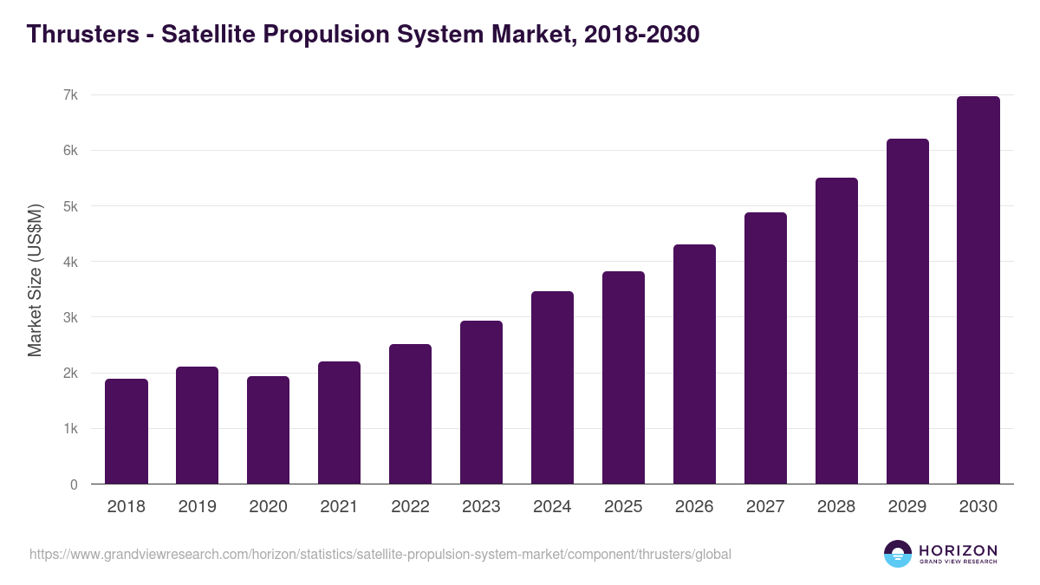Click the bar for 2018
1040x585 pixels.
click(x=127, y=432)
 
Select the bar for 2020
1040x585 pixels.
click(x=269, y=430)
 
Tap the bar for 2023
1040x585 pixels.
click(x=481, y=402)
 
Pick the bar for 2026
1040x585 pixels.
click(x=694, y=364)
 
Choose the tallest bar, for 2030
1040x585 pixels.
click(x=978, y=290)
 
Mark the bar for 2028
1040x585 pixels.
click(x=836, y=331)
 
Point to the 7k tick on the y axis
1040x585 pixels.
click(x=70, y=94)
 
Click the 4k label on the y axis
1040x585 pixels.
click(x=70, y=262)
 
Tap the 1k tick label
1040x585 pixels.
click(x=70, y=429)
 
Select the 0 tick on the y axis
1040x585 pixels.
click(x=74, y=484)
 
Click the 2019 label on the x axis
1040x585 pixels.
click(x=197, y=507)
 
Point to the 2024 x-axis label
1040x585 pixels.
click(x=552, y=507)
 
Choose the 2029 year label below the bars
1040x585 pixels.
click(x=907, y=507)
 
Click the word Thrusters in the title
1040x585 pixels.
click(x=81, y=35)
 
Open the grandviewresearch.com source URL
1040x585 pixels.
click(x=380, y=554)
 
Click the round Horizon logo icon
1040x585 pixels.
click(x=898, y=554)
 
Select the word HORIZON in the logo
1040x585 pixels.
click(x=958, y=550)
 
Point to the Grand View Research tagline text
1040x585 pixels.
click(x=958, y=562)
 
